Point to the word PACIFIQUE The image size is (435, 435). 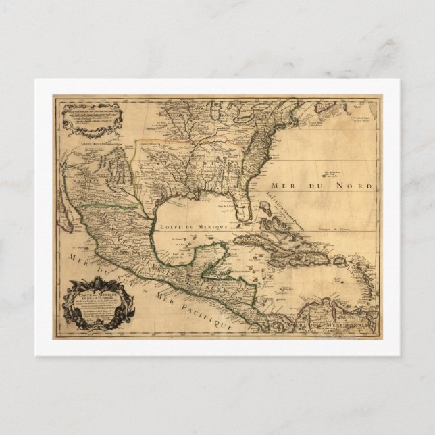click(x=203, y=312)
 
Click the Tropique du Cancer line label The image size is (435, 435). click(x=338, y=225)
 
